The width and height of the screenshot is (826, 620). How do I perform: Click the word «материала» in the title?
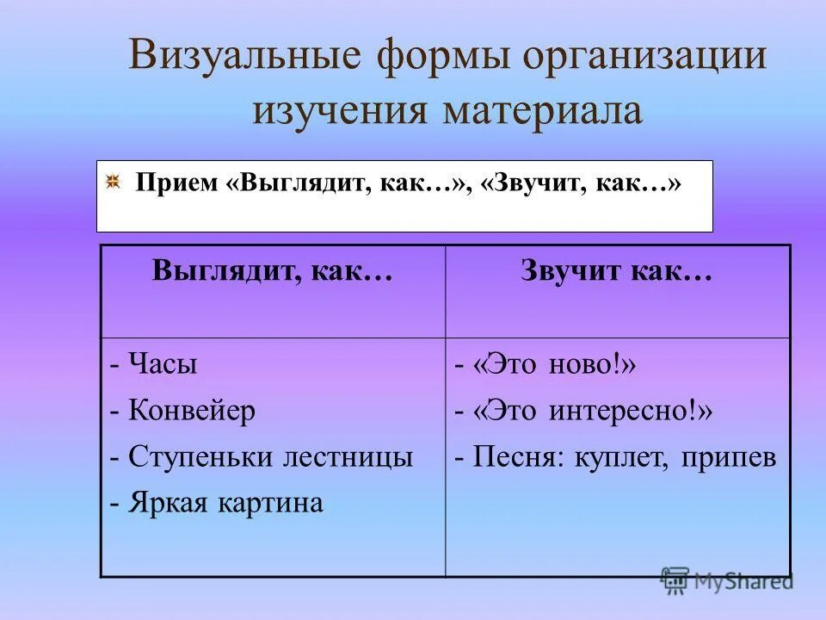(542, 113)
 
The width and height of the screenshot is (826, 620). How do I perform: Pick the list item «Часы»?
(163, 364)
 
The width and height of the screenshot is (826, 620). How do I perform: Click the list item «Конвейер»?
(192, 411)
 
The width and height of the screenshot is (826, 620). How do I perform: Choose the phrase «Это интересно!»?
(591, 411)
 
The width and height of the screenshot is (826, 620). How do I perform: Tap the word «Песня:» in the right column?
(522, 457)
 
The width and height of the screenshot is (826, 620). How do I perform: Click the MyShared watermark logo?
(728, 582)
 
